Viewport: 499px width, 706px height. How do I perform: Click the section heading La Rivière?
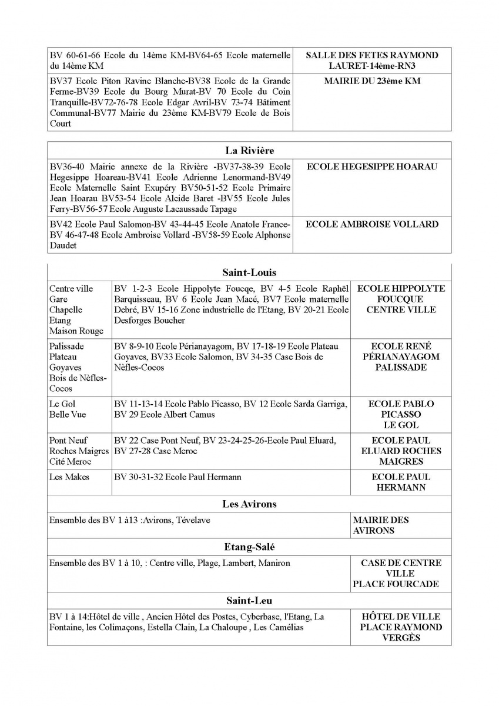249,151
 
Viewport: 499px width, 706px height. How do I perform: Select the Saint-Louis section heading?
249,272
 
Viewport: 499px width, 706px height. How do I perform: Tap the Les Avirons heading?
249,504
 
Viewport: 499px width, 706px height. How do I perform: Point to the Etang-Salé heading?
249,547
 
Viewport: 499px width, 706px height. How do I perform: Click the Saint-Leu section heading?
249,601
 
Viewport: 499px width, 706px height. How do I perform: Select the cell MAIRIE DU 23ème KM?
372,81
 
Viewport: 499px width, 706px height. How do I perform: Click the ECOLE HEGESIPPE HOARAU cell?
372,167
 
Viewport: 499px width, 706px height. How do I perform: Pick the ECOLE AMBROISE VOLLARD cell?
372,224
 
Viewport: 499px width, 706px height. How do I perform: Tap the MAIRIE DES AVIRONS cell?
380,525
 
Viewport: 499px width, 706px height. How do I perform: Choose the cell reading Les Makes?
69,477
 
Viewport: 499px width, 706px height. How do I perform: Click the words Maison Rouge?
76,331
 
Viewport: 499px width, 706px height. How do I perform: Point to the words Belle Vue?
68,415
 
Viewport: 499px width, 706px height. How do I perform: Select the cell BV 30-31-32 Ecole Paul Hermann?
178,477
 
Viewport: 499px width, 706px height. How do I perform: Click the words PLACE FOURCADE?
396,584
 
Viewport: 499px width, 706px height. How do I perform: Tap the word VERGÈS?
401,638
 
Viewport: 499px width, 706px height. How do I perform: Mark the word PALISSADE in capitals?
401,368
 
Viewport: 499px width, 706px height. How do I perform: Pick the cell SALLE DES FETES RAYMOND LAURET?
372,61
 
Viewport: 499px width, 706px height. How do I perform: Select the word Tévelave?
193,520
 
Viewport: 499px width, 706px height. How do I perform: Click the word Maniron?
274,563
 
